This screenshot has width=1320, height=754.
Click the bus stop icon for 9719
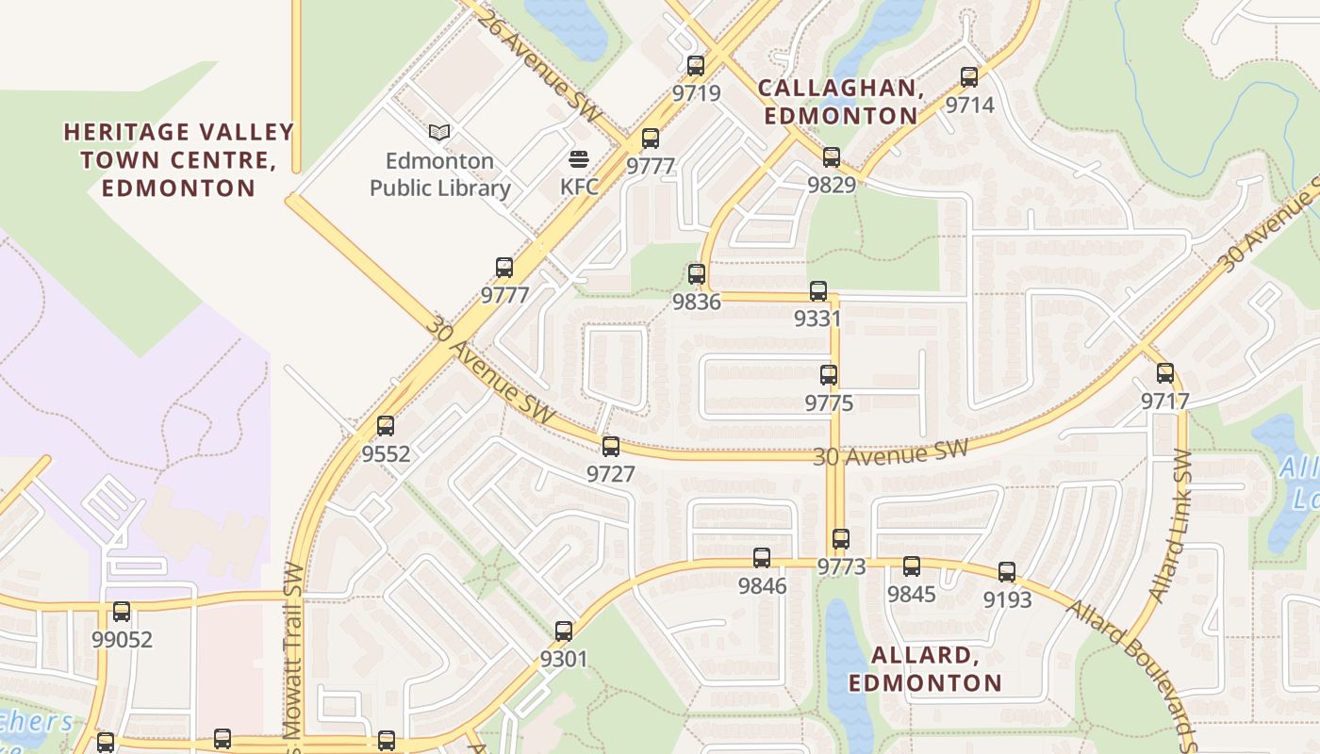696,66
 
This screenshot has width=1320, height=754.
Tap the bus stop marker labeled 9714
969,77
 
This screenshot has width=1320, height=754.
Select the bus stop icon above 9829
832,157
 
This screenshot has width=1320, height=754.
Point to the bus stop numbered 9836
697,274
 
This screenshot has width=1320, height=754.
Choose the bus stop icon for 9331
818,291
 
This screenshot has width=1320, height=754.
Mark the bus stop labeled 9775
829,375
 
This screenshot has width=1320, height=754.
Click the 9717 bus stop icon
1165,373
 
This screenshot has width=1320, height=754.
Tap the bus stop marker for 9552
386,426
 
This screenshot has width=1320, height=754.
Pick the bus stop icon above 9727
611,447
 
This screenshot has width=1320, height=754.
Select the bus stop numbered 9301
564,631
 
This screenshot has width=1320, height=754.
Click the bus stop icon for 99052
122,612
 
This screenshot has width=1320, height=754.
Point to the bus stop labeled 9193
1007,572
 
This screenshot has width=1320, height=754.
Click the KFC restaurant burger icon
579,159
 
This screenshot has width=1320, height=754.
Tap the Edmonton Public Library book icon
439,133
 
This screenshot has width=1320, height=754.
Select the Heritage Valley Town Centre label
178,159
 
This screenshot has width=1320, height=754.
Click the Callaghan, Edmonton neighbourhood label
840,102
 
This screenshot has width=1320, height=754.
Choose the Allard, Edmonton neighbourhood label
924,668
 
